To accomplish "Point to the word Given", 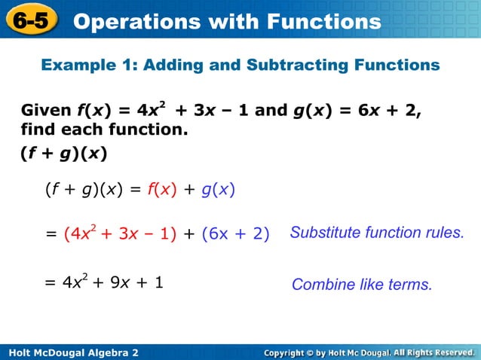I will pos(46,111).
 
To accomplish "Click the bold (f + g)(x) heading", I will pos(63,154).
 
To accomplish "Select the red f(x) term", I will pos(161,190).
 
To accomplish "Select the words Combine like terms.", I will pos(362,285).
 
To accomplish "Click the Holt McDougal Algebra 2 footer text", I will pos(72,352).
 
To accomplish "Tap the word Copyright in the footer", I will pos(290,352).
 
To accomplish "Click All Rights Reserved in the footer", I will pos(433,352).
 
